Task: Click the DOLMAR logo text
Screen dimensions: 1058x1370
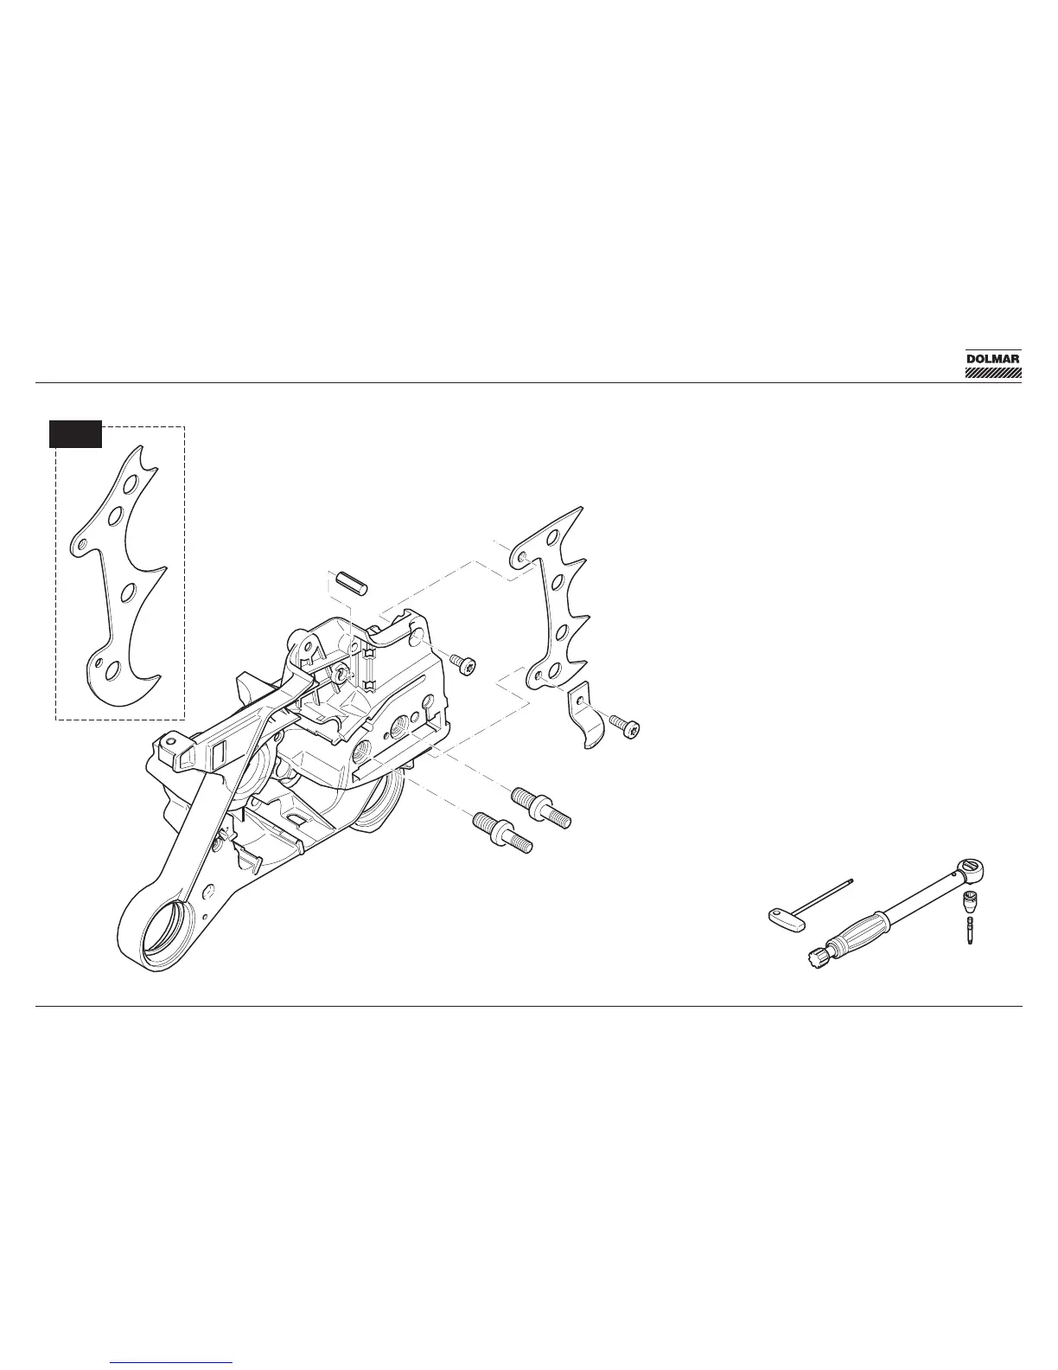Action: (993, 358)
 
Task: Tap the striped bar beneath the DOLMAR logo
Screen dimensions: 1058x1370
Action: (993, 375)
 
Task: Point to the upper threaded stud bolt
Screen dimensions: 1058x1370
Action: (541, 805)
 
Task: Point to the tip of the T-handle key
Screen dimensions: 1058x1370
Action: (851, 882)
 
